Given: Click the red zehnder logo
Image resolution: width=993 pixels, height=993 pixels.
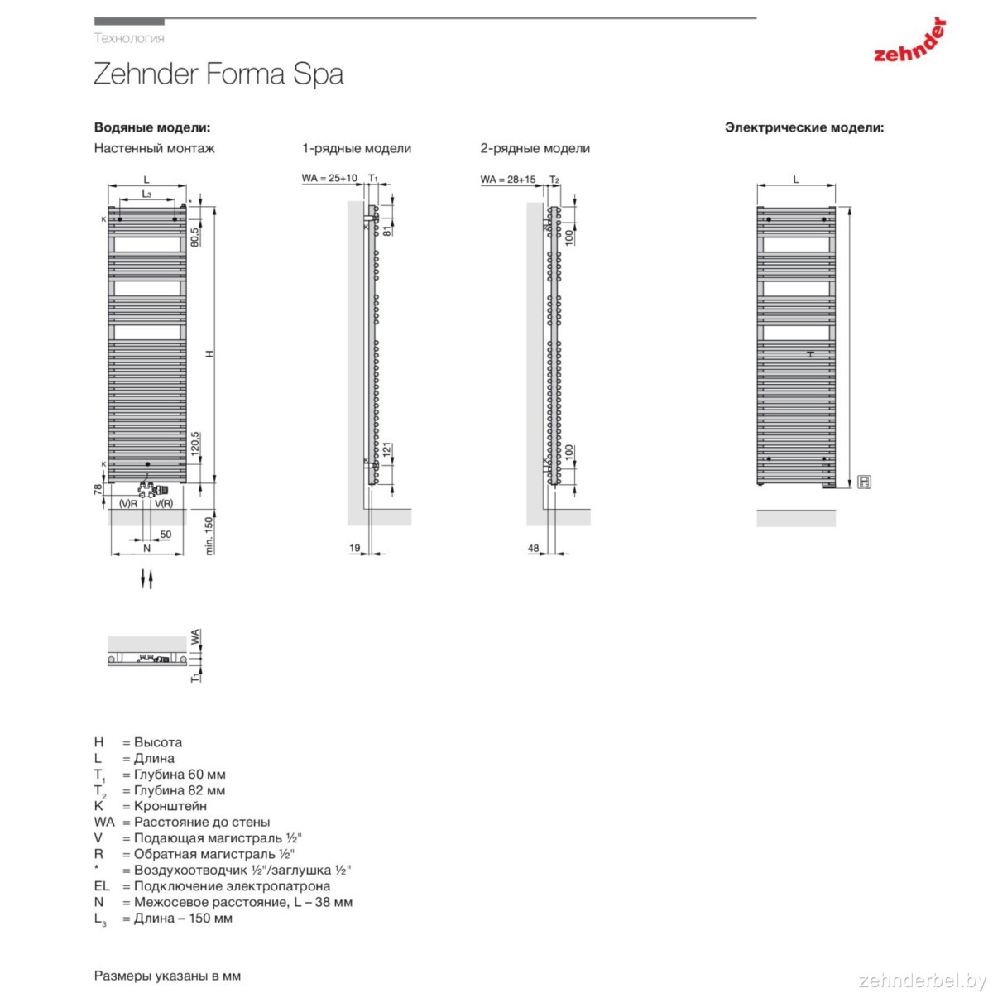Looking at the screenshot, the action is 909,41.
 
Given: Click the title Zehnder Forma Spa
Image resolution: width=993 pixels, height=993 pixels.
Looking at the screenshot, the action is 218,74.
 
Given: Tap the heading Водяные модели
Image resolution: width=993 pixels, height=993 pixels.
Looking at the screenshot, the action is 152,127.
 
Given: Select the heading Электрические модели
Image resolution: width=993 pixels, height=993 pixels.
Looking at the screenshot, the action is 804,127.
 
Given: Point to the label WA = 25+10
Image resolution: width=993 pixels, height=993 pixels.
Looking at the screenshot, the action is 329,178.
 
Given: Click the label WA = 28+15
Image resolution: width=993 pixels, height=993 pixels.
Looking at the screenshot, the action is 508,180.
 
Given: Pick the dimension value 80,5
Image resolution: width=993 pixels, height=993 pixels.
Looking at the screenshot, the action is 194,237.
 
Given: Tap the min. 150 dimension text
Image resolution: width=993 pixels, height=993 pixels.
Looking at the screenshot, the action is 209,536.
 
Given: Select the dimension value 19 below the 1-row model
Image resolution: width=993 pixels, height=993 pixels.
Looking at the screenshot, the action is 355,548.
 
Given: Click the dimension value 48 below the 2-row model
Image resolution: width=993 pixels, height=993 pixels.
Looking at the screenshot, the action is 534,548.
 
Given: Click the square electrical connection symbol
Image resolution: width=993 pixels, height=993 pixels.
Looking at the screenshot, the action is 864,482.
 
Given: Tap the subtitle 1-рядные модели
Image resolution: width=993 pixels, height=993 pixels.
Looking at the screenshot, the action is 357,148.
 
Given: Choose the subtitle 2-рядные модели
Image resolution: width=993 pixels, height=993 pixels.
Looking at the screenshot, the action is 535,148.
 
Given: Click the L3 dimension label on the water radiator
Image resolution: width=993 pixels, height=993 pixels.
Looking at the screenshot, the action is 146,194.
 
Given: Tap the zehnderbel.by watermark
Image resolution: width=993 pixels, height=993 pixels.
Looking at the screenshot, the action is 923,980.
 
